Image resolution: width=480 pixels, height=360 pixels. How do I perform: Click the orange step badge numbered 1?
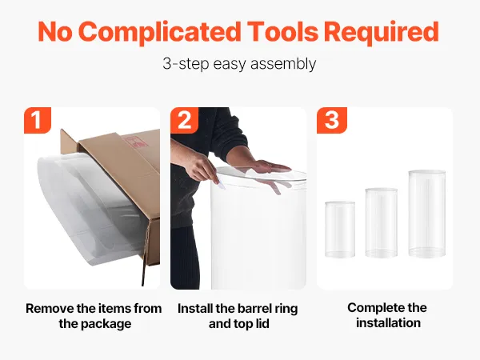point(38,120)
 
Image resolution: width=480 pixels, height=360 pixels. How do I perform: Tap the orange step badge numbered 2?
point(184,120)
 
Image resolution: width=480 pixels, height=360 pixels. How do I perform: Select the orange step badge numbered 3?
point(331,120)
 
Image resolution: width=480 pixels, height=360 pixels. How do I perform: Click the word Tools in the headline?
point(282,32)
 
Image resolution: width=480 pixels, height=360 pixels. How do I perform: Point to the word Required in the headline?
point(381,32)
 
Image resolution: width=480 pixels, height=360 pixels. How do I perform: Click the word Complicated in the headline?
point(159,33)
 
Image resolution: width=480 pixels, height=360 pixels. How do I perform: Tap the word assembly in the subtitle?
point(283,64)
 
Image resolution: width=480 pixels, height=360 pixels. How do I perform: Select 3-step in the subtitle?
point(186,64)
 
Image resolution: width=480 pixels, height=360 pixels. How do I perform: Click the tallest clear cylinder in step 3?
point(426,214)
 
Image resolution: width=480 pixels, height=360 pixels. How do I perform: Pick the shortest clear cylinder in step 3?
point(340,230)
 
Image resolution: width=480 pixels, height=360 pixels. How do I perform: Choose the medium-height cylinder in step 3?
point(381,222)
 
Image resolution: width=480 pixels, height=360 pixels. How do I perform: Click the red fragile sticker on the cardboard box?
point(134,141)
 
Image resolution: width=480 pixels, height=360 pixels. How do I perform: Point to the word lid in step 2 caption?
point(262,323)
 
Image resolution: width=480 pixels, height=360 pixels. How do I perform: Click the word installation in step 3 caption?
point(388,323)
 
